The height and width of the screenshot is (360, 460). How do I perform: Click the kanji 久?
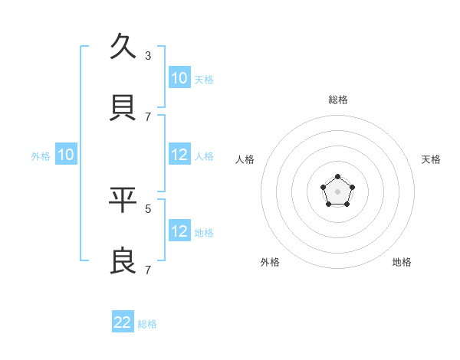tap(123, 47)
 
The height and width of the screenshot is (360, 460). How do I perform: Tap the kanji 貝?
tap(123, 108)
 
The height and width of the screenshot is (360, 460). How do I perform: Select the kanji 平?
tap(123, 200)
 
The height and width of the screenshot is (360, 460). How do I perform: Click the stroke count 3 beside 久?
tap(148, 56)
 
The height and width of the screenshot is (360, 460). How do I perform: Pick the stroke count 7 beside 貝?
tap(148, 117)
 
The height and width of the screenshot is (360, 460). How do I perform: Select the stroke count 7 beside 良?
tap(148, 270)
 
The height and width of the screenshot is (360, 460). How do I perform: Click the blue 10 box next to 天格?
tap(179, 78)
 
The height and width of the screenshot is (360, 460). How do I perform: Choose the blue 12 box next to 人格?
tap(179, 155)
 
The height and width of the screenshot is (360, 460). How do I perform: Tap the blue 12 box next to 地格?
tap(179, 231)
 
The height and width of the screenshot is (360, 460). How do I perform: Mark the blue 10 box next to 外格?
tap(66, 155)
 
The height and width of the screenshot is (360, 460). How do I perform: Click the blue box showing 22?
tap(123, 322)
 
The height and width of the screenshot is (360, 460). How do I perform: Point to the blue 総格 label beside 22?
tap(147, 324)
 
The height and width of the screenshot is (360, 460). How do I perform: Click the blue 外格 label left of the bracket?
tap(41, 156)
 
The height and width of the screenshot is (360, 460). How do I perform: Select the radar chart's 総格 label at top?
tap(338, 100)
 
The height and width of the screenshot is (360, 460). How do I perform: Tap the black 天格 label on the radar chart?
tap(431, 159)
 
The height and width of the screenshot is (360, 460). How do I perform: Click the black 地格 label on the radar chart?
tap(402, 262)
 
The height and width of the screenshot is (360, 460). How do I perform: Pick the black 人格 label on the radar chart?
tap(245, 159)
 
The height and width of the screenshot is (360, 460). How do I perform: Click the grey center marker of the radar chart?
tap(337, 191)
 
